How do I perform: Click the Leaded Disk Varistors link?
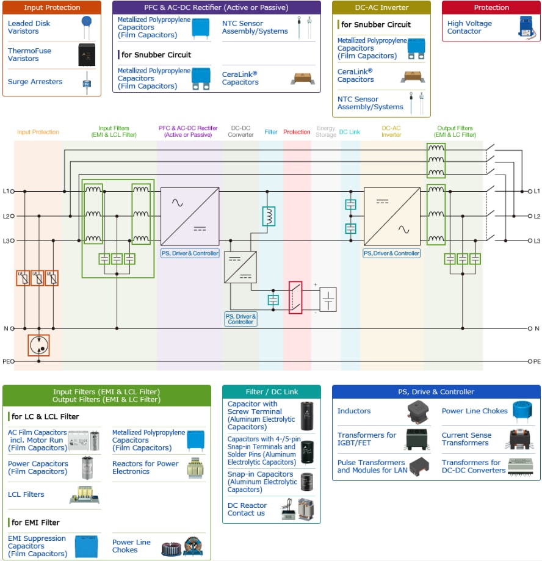click(29, 27)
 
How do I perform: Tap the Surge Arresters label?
click(35, 82)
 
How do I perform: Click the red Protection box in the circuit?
click(295, 297)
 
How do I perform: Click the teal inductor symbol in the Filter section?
click(269, 216)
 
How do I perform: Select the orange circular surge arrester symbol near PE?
click(38, 345)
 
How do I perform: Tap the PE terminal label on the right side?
click(537, 361)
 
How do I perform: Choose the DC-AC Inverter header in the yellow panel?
click(381, 8)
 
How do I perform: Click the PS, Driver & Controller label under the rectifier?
click(190, 253)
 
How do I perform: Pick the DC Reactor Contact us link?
click(247, 509)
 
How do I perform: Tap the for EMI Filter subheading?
click(35, 523)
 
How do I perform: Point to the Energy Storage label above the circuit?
click(326, 132)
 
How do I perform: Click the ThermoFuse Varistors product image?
click(87, 55)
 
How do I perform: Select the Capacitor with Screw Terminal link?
click(261, 416)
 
